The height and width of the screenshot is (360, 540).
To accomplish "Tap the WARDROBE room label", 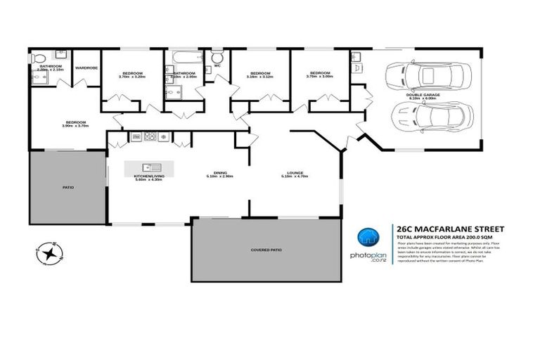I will tap(86, 68).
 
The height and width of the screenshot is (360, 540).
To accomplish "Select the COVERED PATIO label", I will tap(266, 250).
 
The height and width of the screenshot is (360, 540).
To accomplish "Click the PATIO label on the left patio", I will tap(69, 188).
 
